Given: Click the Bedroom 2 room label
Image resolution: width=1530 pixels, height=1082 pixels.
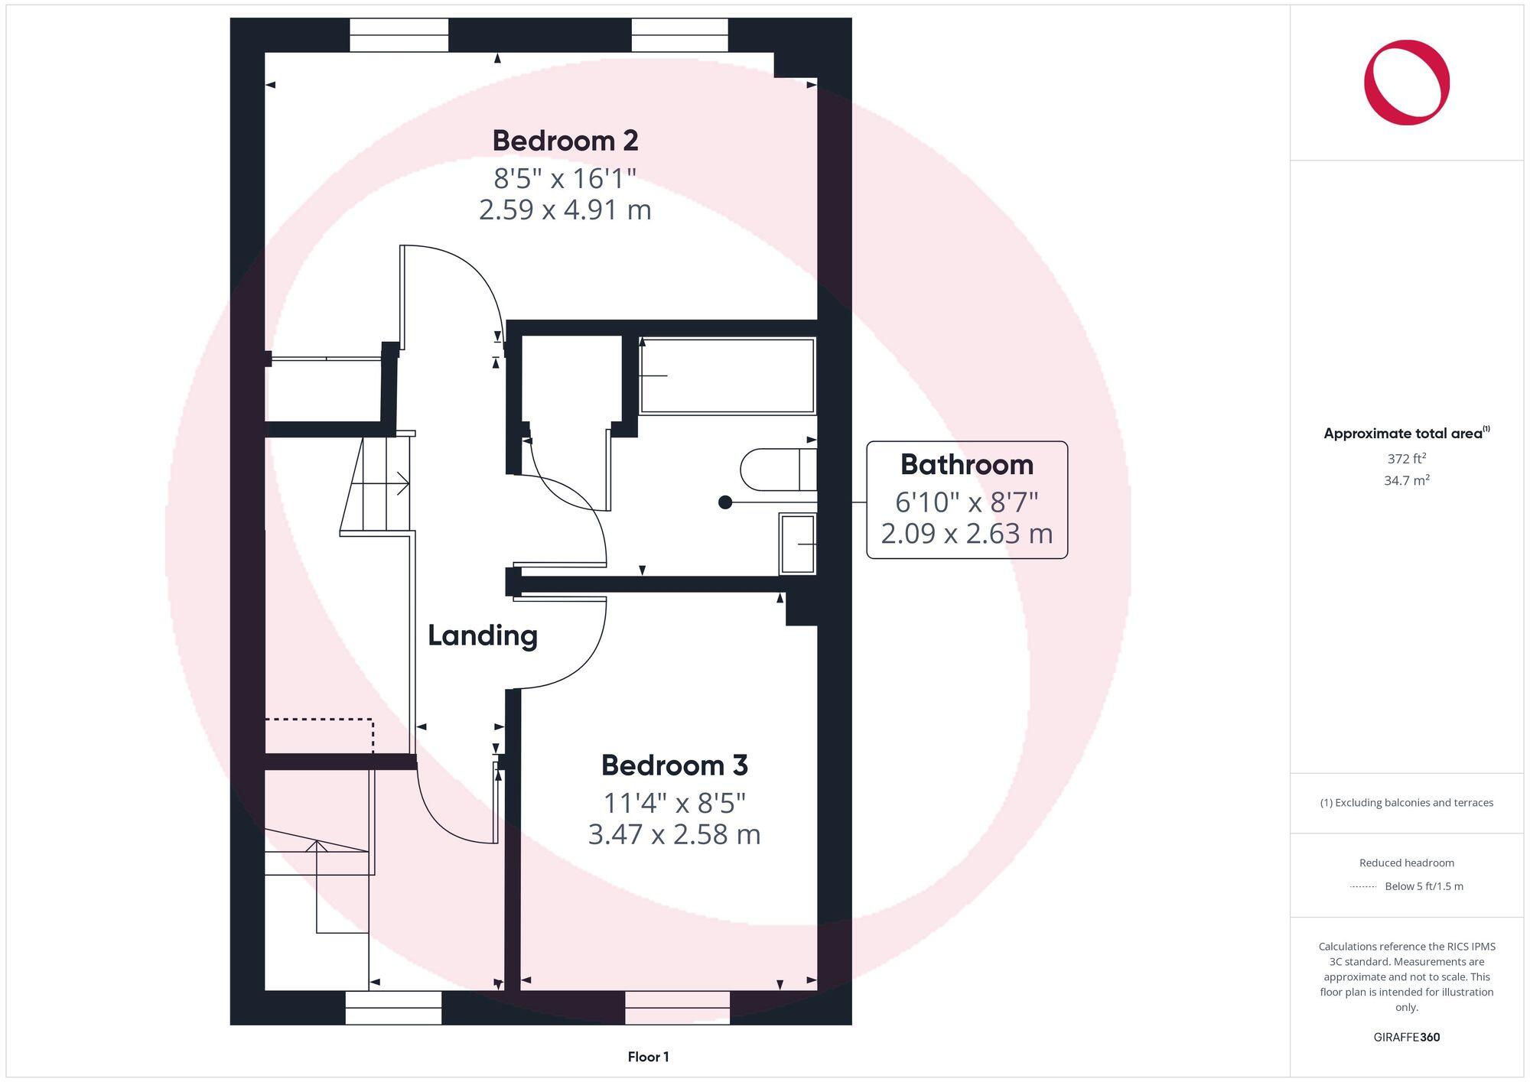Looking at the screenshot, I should (x=565, y=141).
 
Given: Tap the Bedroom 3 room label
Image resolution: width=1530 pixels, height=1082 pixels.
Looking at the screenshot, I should (x=674, y=765).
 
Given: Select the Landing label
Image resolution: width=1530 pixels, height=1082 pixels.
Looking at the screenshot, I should (x=482, y=635).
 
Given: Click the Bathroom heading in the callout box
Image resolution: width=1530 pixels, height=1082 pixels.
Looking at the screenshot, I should (x=966, y=465).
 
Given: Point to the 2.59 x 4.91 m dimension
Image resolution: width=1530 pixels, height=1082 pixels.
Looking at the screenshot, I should (x=565, y=210).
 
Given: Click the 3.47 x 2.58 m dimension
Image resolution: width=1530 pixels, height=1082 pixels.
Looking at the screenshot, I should (x=674, y=834).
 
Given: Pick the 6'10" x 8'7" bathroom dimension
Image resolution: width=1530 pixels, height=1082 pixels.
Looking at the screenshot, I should (x=966, y=502).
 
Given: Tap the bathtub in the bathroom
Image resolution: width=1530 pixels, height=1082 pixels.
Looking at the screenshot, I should (x=727, y=375).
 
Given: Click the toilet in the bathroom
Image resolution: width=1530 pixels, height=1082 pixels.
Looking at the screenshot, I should (x=776, y=469).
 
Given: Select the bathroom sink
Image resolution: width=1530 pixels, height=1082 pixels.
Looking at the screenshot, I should (x=798, y=543).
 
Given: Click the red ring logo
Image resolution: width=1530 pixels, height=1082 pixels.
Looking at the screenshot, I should (x=1406, y=83).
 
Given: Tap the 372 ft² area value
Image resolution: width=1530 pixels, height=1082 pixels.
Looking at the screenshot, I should (x=1406, y=459).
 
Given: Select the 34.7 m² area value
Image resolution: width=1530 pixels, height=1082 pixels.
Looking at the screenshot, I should (x=1406, y=481).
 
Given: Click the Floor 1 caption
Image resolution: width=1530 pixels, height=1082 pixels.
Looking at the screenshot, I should (x=648, y=1057).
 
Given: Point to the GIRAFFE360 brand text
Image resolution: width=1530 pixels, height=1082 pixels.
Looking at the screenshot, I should (x=1406, y=1037).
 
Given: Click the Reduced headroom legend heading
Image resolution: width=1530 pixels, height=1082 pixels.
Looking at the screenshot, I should (x=1406, y=863).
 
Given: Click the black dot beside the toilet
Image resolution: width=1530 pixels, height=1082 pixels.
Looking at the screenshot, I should (x=725, y=502).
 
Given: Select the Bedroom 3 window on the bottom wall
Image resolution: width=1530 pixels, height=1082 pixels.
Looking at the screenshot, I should (x=677, y=1008).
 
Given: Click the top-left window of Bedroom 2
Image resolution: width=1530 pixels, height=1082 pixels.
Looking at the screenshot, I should (x=399, y=35).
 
